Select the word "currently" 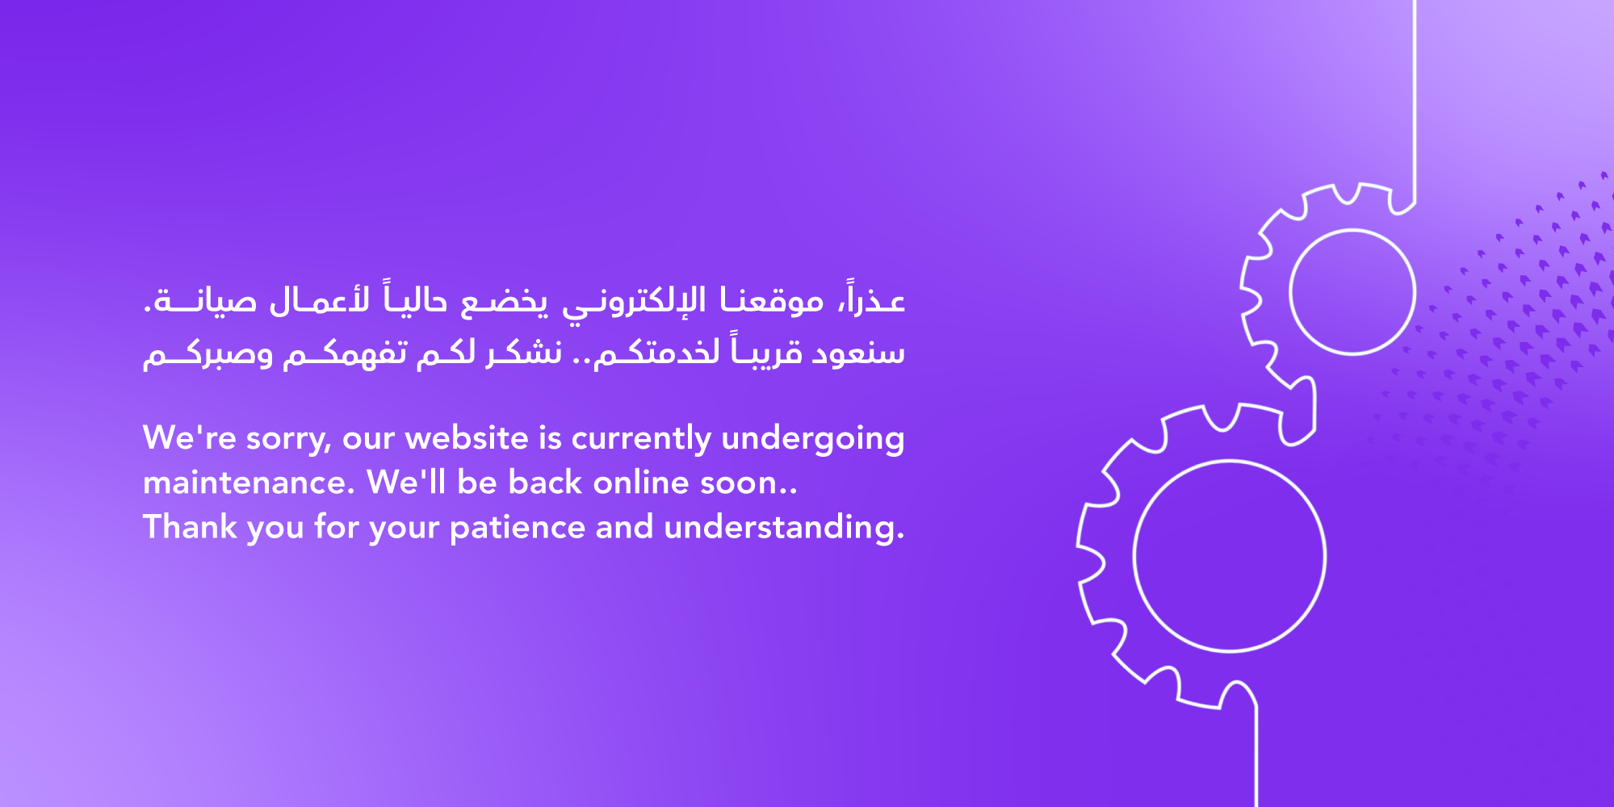pos(641,439)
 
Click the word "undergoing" pos(813,439)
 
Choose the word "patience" pos(518,528)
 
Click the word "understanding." pos(784,528)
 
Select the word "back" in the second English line pos(546,482)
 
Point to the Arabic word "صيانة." pos(200,301)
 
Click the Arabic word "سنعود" pos(858,353)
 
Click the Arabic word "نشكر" pos(523,353)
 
